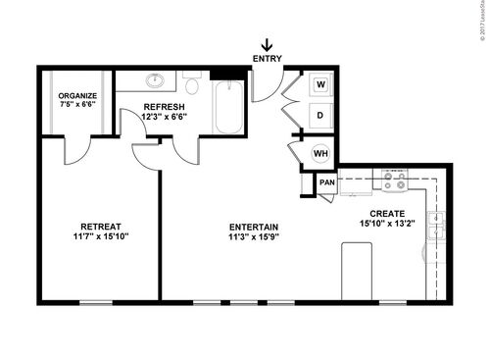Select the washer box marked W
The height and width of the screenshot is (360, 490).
(319, 85)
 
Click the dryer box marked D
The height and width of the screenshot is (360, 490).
(319, 115)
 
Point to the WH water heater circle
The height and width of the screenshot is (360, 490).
(319, 152)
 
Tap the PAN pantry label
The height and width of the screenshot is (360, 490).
(326, 181)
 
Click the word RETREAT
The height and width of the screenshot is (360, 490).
(101, 225)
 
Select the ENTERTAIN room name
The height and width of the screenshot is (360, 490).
(254, 226)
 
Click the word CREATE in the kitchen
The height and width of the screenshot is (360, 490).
(387, 213)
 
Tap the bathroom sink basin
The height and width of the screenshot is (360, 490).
(156, 82)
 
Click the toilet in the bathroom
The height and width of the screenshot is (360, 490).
(191, 84)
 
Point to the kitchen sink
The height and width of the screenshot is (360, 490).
(437, 225)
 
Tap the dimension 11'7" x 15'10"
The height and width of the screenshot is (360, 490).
(101, 235)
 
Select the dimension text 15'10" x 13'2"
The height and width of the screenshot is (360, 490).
(387, 224)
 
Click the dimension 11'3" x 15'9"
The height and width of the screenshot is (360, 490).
(254, 236)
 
